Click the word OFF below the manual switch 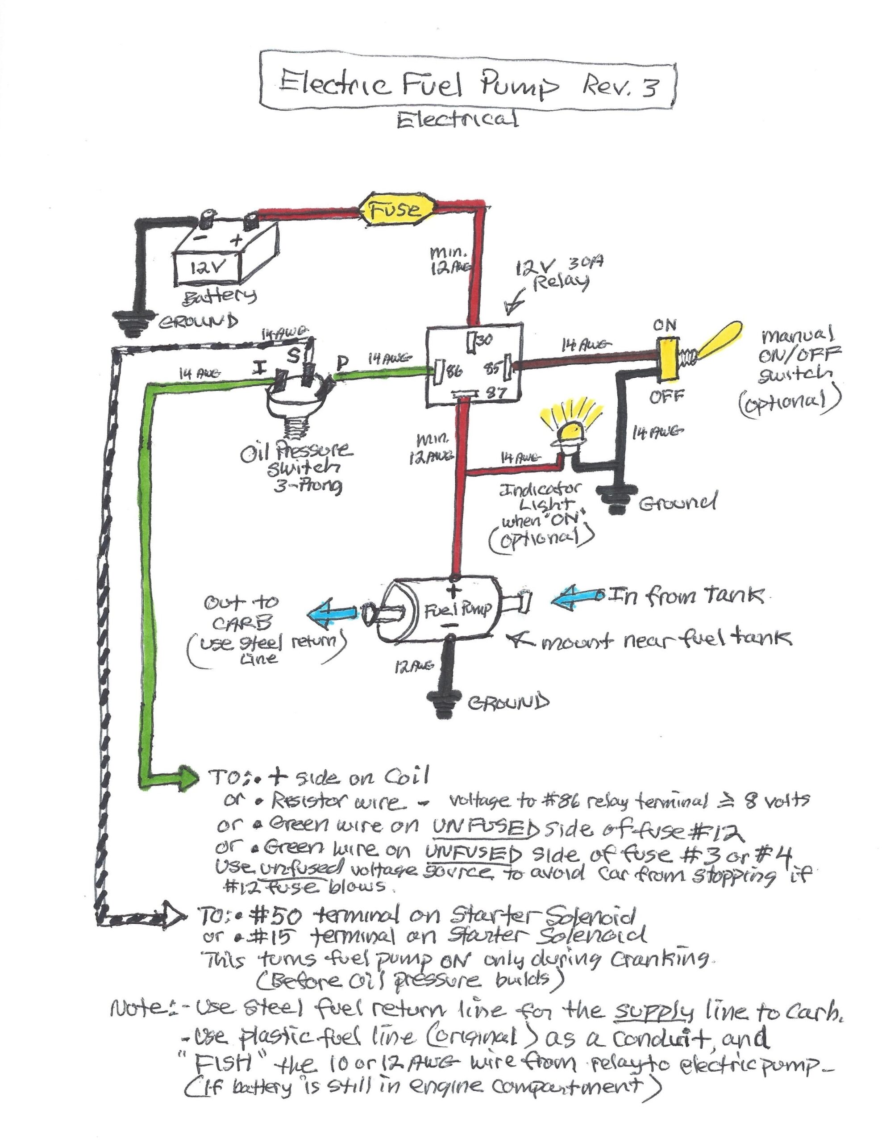click(x=667, y=396)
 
